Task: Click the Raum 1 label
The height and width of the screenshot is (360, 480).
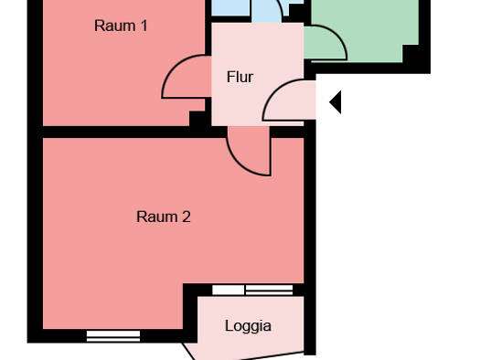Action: [121, 26]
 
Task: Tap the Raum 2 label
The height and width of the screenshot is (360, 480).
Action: [164, 217]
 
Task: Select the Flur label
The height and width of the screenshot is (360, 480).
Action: [240, 77]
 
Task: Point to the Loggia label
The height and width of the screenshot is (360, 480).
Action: [248, 326]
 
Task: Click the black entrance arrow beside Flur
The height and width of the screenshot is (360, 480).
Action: [336, 102]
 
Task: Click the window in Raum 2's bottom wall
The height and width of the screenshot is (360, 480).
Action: [113, 336]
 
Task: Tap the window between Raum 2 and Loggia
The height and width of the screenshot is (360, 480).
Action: [252, 290]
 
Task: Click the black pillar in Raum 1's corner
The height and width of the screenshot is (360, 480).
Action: [197, 119]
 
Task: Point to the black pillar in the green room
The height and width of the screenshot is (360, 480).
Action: [411, 54]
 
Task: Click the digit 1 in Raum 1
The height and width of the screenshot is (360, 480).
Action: [144, 26]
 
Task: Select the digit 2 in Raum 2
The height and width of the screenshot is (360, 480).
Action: [187, 217]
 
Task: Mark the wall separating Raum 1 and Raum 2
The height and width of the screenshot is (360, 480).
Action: [134, 132]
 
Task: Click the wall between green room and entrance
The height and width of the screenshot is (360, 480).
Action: [368, 68]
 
